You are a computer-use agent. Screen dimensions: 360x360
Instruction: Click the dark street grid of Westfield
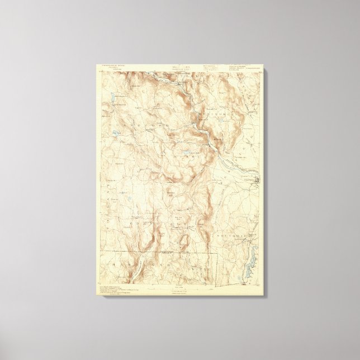coord(257,180)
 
